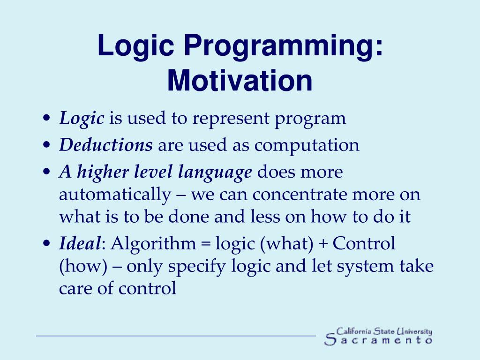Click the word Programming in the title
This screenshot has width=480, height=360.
tap(283, 46)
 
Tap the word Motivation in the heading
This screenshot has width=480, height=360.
tap(240, 81)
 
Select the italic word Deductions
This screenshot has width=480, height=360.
tap(106, 145)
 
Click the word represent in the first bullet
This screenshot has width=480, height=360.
tap(231, 119)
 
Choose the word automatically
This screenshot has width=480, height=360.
tap(115, 195)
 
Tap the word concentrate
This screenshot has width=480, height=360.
tap(300, 195)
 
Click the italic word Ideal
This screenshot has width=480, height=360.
tap(80, 243)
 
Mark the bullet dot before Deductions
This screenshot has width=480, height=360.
tap(46, 145)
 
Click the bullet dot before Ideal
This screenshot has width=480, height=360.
tap(46, 243)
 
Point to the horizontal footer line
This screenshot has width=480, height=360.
tap(176, 336)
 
